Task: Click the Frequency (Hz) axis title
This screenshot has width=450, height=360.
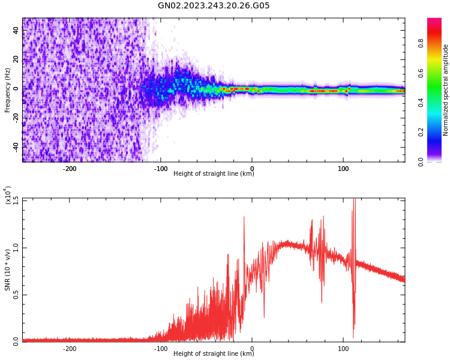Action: [8, 90]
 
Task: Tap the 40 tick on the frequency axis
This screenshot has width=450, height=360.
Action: [16, 30]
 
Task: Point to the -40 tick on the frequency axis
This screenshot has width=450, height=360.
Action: [16, 146]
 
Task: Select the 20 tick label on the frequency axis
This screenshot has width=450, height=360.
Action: [16, 59]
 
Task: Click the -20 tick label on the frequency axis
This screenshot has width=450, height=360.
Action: [16, 117]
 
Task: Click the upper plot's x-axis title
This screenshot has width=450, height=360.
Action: [214, 174]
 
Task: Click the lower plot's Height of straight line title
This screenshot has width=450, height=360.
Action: [214, 353]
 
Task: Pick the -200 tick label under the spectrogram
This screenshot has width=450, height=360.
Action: [70, 169]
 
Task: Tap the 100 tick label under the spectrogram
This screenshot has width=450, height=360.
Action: [343, 169]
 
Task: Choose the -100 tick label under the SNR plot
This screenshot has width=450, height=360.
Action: [161, 348]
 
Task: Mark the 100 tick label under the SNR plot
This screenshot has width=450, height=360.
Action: [343, 348]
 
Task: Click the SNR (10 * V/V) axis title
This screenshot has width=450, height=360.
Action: [8, 270]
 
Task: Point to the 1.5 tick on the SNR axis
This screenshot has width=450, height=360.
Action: [16, 200]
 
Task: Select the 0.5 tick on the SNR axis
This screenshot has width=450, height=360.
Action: [16, 294]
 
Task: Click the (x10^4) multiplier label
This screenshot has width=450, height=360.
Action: [8, 196]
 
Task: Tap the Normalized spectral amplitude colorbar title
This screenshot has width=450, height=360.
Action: [446, 90]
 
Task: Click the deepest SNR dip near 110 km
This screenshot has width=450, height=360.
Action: [353, 337]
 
